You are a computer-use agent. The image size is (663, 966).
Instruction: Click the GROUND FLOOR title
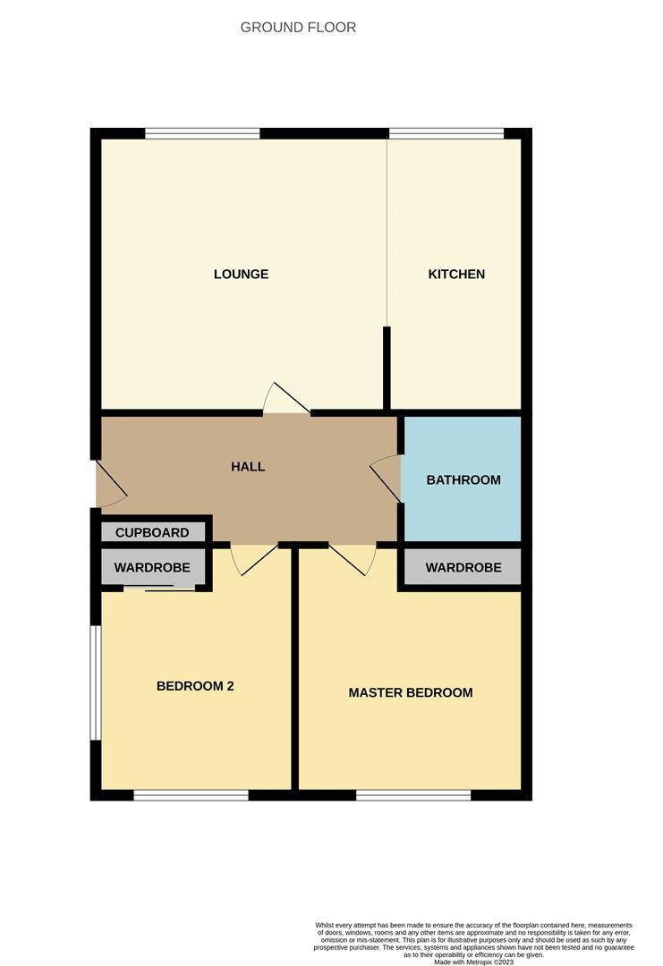[x=298, y=28]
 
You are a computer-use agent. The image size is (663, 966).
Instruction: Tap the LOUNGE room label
[x=241, y=274]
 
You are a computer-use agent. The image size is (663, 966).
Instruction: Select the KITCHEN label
[x=456, y=274]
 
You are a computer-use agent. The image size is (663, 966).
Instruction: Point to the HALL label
[x=248, y=466]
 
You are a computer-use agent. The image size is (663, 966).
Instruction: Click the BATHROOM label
[x=463, y=479]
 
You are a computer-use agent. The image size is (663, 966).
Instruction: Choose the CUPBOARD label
[x=152, y=532]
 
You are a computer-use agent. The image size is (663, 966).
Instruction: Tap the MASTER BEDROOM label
[x=411, y=692]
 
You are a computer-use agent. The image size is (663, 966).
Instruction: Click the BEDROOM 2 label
[x=195, y=686]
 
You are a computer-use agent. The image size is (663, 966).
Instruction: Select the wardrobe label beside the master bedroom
[x=463, y=567]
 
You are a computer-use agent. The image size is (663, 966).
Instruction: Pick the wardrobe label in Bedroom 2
[x=152, y=567]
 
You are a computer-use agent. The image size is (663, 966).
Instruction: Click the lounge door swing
[x=286, y=399]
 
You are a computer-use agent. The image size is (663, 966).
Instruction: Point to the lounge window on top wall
[x=202, y=133]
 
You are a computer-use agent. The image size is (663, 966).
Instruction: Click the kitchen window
[x=446, y=133]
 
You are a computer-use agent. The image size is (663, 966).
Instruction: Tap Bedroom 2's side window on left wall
[x=95, y=682]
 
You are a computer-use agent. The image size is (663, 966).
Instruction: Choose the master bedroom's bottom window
[x=413, y=795]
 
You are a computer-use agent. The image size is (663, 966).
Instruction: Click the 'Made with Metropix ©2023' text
[x=473, y=962]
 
